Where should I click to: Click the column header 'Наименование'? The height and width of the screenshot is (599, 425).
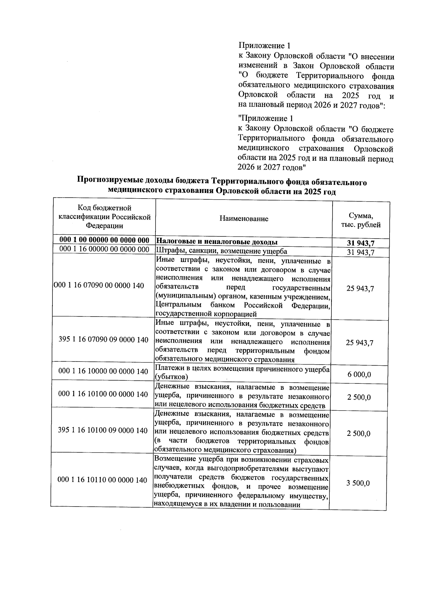(244, 219)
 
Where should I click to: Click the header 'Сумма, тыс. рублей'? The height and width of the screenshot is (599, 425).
(361, 220)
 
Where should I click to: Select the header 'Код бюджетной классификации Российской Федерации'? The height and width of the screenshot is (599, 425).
(104, 217)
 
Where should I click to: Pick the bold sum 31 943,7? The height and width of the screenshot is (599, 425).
(361, 243)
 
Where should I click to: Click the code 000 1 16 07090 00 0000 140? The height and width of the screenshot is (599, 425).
(99, 286)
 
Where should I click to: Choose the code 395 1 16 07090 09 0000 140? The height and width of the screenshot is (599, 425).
(103, 340)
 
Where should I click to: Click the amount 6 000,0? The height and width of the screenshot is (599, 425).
(359, 375)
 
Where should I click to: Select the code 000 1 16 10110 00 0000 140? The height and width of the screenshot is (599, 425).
(102, 480)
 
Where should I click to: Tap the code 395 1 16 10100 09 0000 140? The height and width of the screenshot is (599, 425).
(103, 430)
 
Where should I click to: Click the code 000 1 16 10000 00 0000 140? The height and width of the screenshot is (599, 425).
(103, 371)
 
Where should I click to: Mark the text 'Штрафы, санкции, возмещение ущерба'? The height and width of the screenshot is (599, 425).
(221, 251)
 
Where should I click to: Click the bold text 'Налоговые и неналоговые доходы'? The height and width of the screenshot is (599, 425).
(217, 242)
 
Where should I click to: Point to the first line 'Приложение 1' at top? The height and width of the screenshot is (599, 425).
(265, 46)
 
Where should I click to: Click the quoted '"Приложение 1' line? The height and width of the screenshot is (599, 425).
(266, 118)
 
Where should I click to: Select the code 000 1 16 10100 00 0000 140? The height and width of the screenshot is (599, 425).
(103, 394)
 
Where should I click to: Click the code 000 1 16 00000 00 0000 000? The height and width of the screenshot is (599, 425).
(104, 250)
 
